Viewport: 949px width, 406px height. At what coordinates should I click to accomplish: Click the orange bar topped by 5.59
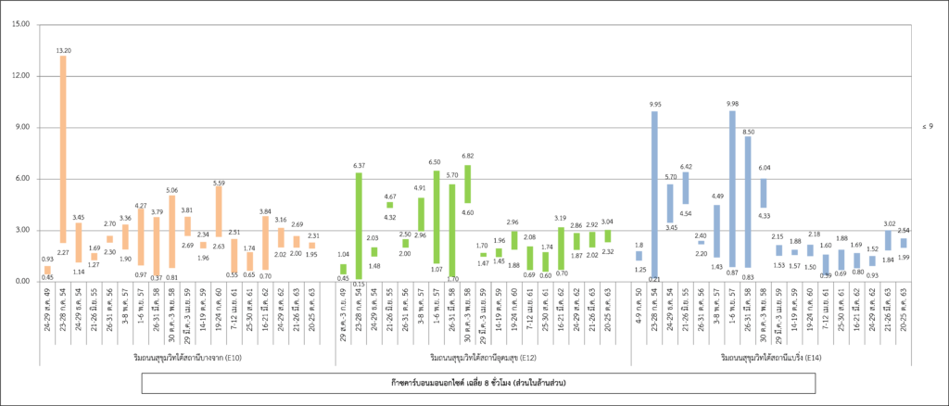point(219,211)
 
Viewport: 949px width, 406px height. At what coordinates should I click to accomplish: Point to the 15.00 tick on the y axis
point(19,24)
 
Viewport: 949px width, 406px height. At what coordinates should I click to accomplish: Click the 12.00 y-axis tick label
point(19,75)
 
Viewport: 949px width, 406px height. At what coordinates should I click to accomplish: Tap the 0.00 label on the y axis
point(21,281)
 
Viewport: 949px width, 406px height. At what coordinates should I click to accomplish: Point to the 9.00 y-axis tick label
point(21,127)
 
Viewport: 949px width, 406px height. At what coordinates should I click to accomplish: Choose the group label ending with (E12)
point(477,357)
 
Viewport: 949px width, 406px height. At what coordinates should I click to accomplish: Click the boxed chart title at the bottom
point(477,382)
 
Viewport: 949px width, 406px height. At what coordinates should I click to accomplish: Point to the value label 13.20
point(63,50)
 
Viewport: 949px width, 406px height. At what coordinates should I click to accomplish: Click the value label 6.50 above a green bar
point(437,162)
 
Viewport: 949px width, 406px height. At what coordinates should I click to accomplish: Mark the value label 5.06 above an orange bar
point(172,190)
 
